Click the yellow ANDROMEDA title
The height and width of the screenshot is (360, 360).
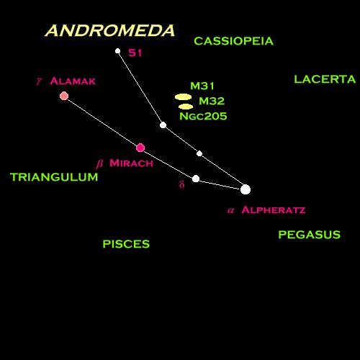[110, 31]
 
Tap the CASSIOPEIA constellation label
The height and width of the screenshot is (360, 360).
[234, 41]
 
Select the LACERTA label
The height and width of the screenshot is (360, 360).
[325, 79]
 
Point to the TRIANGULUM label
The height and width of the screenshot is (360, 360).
[54, 177]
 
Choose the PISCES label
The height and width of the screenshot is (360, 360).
[126, 244]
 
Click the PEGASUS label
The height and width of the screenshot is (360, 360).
[309, 235]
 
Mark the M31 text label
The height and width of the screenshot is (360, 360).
[202, 86]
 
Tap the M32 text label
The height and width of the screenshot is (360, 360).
[212, 101]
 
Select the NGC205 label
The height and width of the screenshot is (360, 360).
[203, 116]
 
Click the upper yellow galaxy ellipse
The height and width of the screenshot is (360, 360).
[184, 97]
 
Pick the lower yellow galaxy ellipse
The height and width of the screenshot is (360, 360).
[186, 107]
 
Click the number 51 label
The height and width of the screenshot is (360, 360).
[135, 53]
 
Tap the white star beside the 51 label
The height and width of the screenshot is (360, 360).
[117, 51]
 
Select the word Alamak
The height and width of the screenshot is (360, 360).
[73, 81]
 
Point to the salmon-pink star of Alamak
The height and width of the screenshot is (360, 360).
[64, 96]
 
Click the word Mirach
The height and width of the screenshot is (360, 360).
[131, 163]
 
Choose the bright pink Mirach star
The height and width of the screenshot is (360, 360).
[140, 148]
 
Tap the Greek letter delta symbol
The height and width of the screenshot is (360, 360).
[182, 184]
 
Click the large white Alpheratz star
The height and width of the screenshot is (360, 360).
[246, 189]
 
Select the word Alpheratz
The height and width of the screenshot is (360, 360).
[274, 210]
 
